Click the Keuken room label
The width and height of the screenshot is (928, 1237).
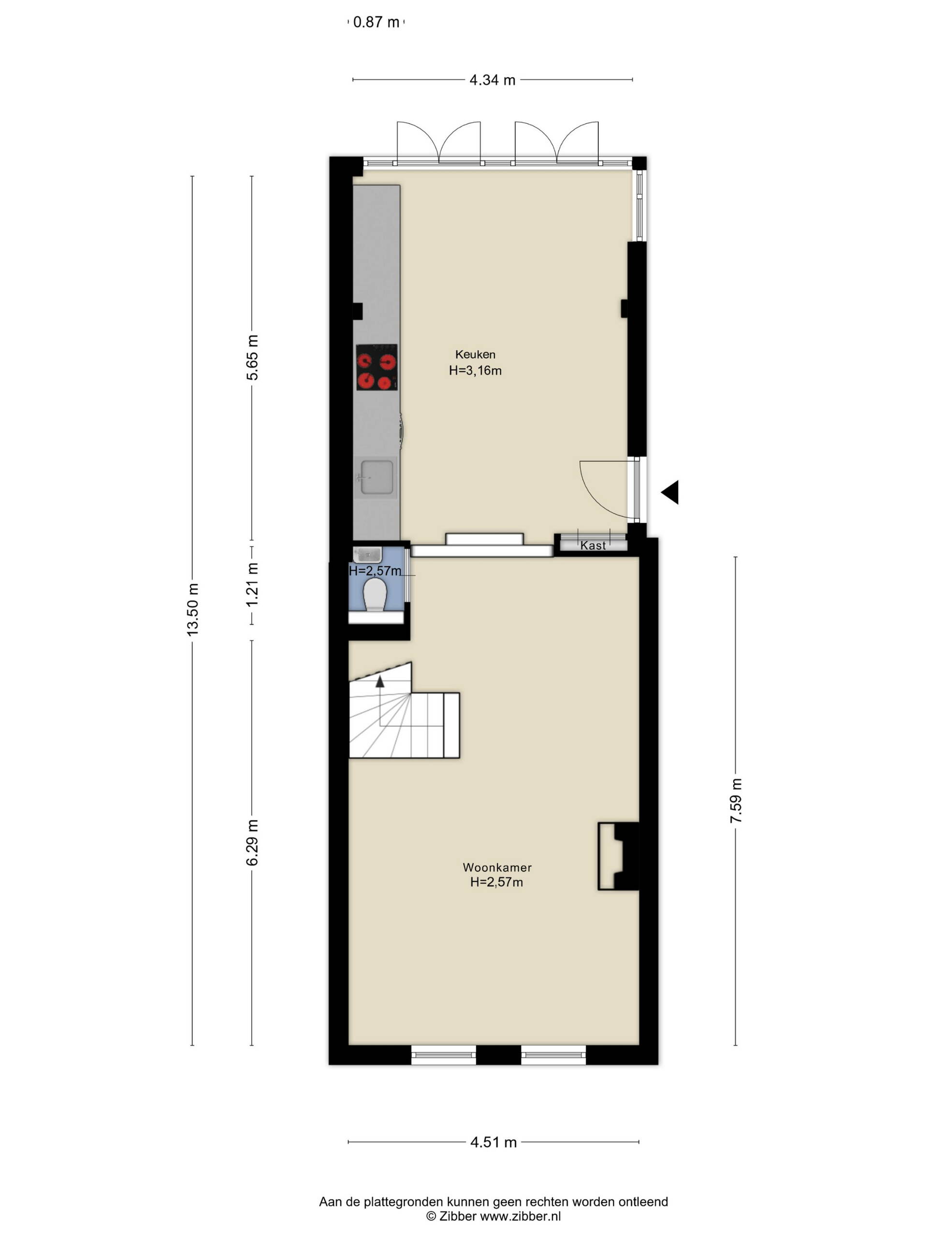(475, 354)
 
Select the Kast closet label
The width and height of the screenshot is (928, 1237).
(593, 545)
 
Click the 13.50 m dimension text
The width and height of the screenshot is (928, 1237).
(192, 609)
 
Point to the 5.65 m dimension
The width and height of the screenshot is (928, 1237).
(252, 358)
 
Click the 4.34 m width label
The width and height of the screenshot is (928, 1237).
(492, 80)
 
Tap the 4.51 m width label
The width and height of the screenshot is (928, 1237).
(493, 1142)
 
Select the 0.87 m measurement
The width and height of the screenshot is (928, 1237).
(376, 22)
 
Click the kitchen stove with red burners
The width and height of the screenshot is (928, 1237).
(377, 367)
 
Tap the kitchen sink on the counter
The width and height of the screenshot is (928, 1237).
(377, 477)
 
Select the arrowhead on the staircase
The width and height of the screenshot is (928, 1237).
(380, 681)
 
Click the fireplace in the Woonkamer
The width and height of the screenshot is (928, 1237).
(618, 856)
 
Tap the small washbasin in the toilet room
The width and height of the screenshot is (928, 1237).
(367, 555)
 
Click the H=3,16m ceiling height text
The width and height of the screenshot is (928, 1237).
(475, 370)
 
